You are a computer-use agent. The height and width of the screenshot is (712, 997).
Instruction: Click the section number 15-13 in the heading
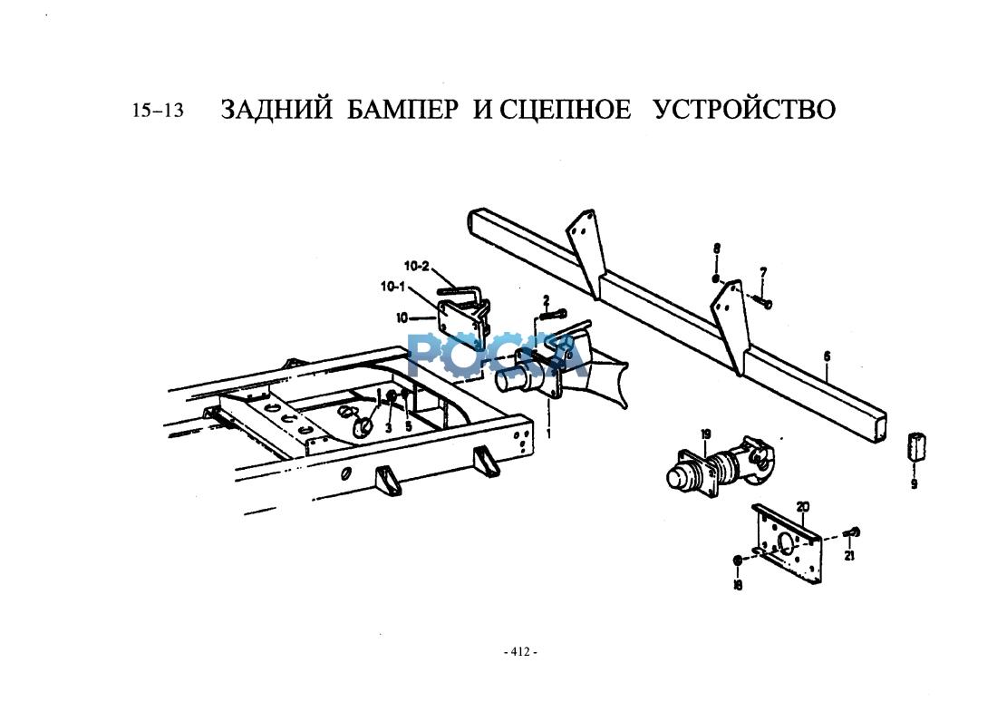[x=158, y=111]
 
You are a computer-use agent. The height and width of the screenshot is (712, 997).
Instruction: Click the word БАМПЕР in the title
[x=403, y=110]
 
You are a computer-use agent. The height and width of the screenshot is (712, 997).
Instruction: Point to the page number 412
[x=520, y=651]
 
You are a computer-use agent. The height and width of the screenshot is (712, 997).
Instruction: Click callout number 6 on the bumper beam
[x=827, y=356]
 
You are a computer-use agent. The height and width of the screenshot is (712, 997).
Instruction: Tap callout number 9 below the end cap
[x=914, y=484]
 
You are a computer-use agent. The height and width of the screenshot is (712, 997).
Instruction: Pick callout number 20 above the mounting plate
[x=802, y=506]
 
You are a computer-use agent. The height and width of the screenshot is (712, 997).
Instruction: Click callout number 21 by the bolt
[x=849, y=556]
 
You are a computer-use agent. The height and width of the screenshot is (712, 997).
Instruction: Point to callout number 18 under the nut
[x=738, y=586]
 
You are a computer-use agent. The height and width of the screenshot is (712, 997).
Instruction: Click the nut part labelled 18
[x=739, y=561]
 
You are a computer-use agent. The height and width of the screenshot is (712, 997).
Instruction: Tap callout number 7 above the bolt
[x=762, y=271]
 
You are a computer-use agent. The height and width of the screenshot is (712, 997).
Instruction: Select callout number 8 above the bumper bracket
[x=716, y=248]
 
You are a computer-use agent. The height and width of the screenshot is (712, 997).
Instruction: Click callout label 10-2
[x=416, y=267]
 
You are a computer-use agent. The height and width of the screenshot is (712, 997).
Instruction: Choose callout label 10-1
[x=393, y=287]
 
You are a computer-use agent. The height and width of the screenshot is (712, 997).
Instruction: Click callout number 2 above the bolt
[x=546, y=299]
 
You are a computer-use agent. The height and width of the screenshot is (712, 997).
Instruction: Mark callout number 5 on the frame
[x=409, y=425]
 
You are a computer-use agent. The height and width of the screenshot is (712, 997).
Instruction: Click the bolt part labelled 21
[x=853, y=532]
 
